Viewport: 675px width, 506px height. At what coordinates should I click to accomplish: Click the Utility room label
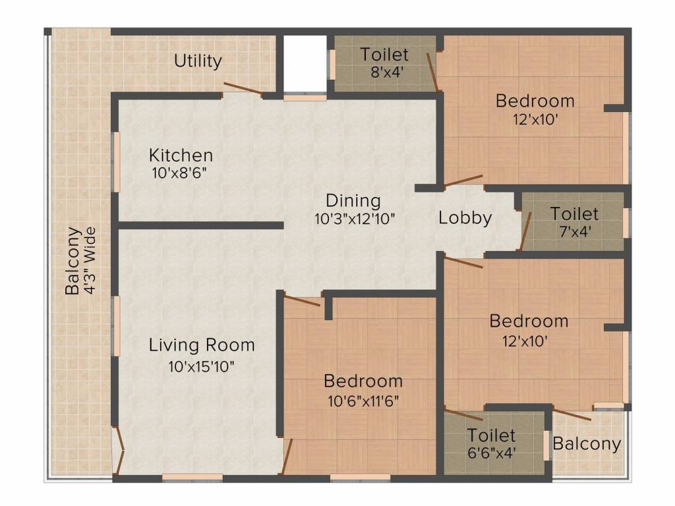click(x=198, y=61)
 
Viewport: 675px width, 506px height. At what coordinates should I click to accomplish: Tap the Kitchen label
click(x=181, y=155)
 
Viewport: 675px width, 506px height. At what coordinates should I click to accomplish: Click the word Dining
click(x=353, y=200)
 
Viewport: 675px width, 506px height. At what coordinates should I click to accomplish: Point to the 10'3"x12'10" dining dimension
click(x=354, y=219)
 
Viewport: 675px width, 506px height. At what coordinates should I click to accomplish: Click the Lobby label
click(x=465, y=218)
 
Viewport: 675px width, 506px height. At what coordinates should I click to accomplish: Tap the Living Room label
click(x=201, y=345)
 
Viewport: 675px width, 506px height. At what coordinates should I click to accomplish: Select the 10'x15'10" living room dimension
click(x=201, y=366)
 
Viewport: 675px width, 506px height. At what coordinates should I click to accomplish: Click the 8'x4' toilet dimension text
click(x=384, y=72)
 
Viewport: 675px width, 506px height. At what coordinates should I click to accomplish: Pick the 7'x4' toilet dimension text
click(x=575, y=232)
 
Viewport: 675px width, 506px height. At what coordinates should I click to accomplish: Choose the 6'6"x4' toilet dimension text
click(x=492, y=453)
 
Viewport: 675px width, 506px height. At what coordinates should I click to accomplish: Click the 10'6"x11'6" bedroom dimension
click(x=363, y=400)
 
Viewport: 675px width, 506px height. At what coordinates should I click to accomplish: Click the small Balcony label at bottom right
click(x=587, y=443)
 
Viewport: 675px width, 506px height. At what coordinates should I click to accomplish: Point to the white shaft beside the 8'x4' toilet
click(x=305, y=63)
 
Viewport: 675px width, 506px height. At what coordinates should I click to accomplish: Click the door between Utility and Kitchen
click(x=243, y=90)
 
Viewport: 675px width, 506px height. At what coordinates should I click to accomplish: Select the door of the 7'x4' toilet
click(x=525, y=231)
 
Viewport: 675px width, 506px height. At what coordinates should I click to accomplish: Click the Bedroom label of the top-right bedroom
click(x=535, y=101)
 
